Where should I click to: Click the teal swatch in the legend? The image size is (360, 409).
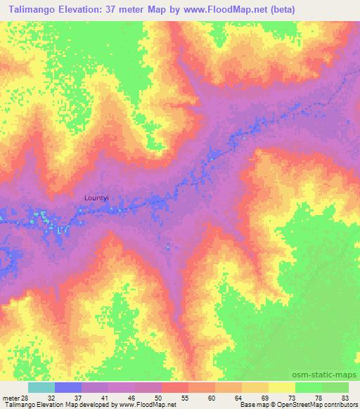[41, 387]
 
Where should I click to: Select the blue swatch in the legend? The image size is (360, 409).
[68, 387]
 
